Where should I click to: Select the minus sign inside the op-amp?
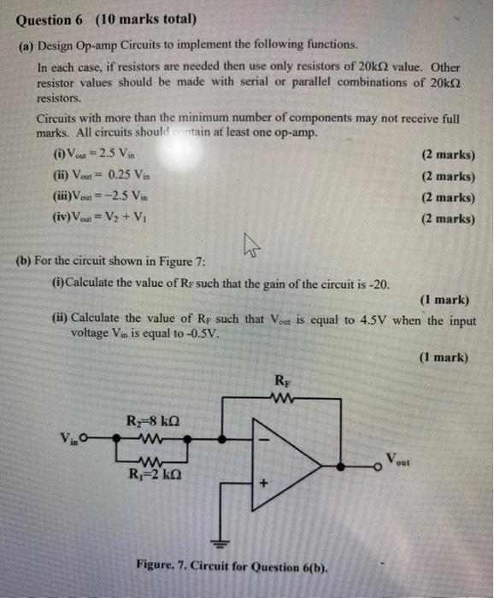pos(265,443)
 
